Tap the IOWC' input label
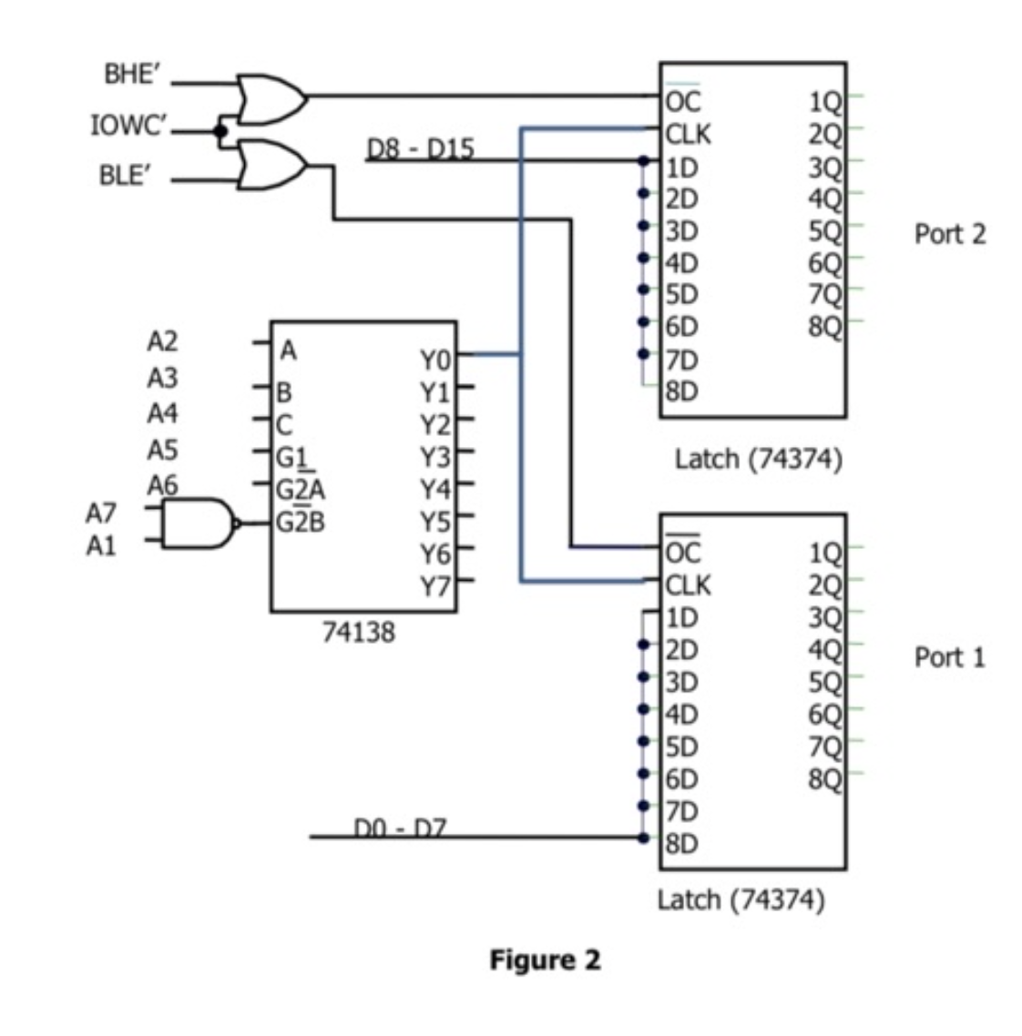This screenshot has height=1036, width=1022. (x=128, y=126)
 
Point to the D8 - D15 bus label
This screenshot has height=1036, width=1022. (x=420, y=149)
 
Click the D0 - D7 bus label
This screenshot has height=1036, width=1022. (x=398, y=828)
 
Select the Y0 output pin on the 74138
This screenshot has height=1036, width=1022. (x=434, y=361)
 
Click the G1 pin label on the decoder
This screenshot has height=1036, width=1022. (x=291, y=457)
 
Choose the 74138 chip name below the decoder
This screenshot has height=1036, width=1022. (x=359, y=632)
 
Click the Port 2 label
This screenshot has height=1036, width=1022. (x=949, y=234)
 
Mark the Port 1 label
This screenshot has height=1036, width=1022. (x=949, y=656)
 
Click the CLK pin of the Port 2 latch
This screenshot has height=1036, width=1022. (x=688, y=135)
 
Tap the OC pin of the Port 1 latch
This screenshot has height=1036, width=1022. (x=682, y=551)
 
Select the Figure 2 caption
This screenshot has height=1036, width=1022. (x=545, y=960)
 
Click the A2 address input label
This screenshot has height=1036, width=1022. (x=162, y=341)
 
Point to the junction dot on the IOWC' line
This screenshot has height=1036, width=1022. (x=220, y=131)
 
